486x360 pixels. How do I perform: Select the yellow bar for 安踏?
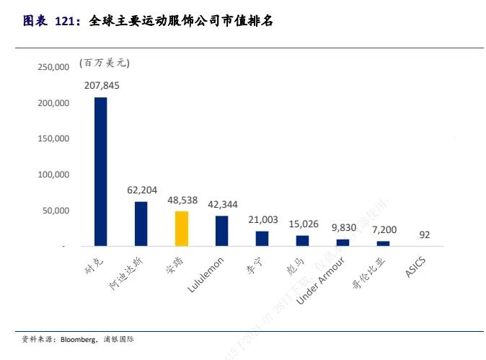(x=182, y=229)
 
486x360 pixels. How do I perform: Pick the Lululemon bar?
(x=222, y=231)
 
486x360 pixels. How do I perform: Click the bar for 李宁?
(x=262, y=239)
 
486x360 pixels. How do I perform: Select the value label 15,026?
(x=303, y=224)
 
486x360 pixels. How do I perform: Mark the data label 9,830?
(x=343, y=227)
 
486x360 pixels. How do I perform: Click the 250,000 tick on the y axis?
(x=53, y=67)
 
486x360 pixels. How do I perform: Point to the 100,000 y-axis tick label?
(x=53, y=175)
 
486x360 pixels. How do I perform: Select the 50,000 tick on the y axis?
(x=55, y=211)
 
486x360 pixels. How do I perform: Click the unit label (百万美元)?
(x=105, y=63)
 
